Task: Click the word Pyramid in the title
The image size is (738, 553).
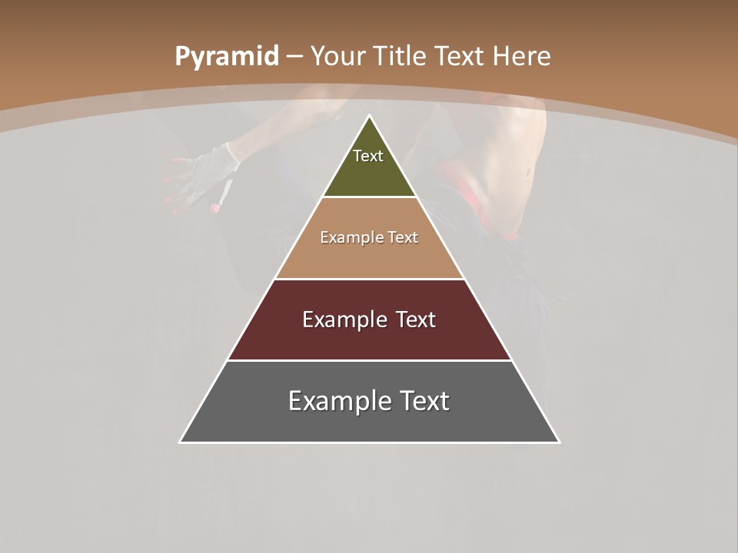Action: (227, 57)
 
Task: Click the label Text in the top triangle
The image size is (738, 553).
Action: (368, 156)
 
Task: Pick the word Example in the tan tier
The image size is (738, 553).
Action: (344, 238)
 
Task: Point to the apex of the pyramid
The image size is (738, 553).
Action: (369, 117)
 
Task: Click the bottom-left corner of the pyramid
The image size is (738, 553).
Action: (181, 442)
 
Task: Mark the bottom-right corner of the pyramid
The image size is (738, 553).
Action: (558, 442)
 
